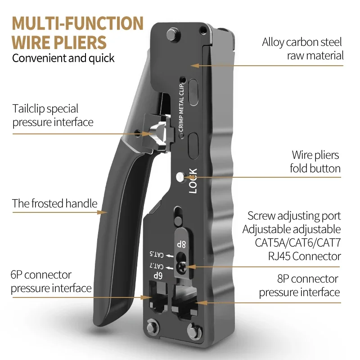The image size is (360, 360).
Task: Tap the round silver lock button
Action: point(181,177)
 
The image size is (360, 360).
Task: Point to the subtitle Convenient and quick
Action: point(63,58)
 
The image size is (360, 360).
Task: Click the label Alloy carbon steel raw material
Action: point(302,49)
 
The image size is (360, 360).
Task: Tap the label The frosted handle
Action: point(54,203)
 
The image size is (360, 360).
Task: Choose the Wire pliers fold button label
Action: point(315,162)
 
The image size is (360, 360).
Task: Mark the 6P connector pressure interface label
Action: point(51,281)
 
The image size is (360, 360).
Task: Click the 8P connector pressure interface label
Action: point(299,286)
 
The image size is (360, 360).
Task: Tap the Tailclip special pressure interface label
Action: point(53,115)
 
